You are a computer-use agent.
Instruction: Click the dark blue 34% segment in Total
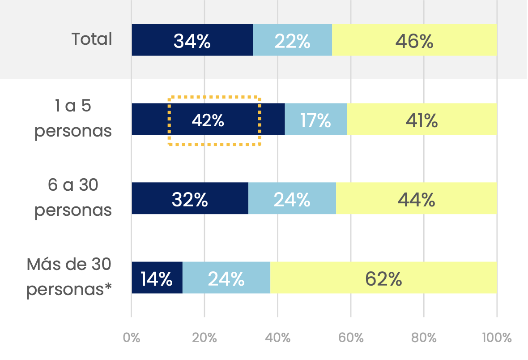tap(192, 40)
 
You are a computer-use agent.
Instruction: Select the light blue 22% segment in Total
tap(293, 40)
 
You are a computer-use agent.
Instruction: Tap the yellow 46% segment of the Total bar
tap(414, 40)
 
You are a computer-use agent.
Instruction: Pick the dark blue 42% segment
tap(208, 119)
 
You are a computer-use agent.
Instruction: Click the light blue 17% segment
tap(316, 119)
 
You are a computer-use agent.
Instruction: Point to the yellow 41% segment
tap(422, 119)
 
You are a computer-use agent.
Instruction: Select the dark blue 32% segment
tap(190, 198)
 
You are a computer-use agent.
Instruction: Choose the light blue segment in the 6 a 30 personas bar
tap(292, 198)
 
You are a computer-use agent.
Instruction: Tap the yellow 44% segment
tap(416, 198)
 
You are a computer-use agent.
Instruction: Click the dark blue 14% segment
tap(157, 278)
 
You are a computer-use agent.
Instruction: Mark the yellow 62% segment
tap(383, 278)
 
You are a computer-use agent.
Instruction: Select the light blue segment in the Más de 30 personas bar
tap(226, 278)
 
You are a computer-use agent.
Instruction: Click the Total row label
tap(92, 39)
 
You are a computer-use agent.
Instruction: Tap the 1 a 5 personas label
tap(73, 119)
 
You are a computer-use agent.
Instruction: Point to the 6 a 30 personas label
tap(73, 198)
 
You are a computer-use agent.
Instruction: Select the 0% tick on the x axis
tap(132, 338)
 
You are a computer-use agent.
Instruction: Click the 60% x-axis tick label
tap(351, 338)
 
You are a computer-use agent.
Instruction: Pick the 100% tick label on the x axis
tap(497, 338)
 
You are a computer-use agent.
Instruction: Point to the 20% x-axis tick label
tap(204, 338)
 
